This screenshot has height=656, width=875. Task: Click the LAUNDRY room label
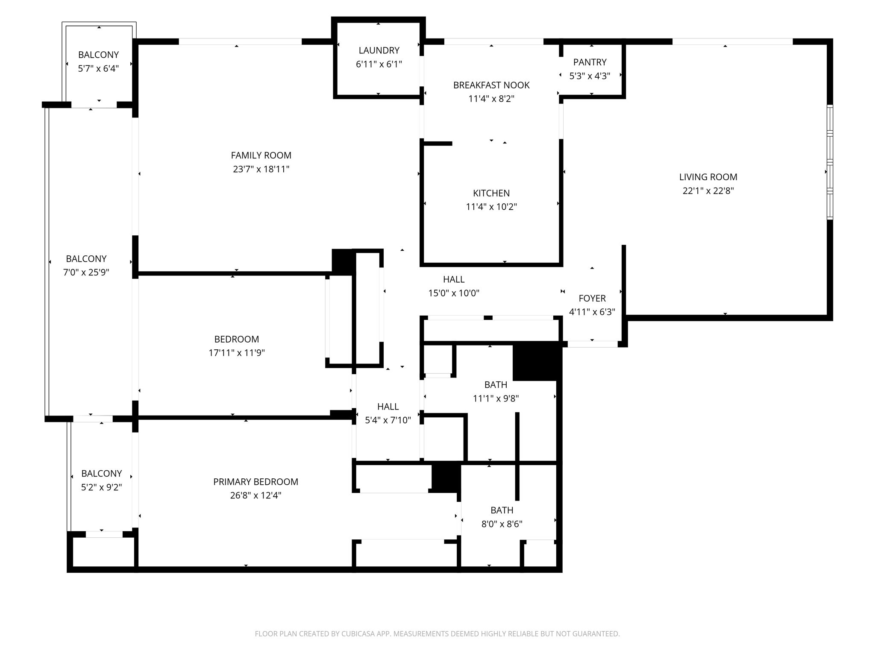tap(379, 50)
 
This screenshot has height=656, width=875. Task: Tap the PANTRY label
tap(590, 62)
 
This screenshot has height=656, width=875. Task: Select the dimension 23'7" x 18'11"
tap(261, 169)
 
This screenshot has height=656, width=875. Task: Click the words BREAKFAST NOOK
tap(491, 85)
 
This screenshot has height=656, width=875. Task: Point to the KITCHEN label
tap(491, 193)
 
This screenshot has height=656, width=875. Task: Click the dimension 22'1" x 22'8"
tap(708, 191)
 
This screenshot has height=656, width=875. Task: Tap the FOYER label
tap(592, 299)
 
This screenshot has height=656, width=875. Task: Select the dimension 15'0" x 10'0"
tap(454, 293)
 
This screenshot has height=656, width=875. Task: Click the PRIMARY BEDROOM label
tap(255, 482)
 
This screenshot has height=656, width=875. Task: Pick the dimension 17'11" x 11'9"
tap(237, 353)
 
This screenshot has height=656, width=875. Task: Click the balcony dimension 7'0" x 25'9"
tap(86, 272)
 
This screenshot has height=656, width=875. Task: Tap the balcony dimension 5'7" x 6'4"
tap(98, 69)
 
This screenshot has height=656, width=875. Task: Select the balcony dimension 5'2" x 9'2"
tap(102, 487)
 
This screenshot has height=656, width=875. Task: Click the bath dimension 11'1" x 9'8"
tap(496, 398)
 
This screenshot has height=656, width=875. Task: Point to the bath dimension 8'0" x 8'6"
tap(502, 524)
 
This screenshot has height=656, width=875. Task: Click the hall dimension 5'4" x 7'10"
tap(388, 420)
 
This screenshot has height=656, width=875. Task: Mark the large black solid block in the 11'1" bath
tap(536, 361)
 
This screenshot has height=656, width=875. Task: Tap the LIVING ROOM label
tap(708, 177)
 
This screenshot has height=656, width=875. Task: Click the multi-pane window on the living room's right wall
tap(830, 162)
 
